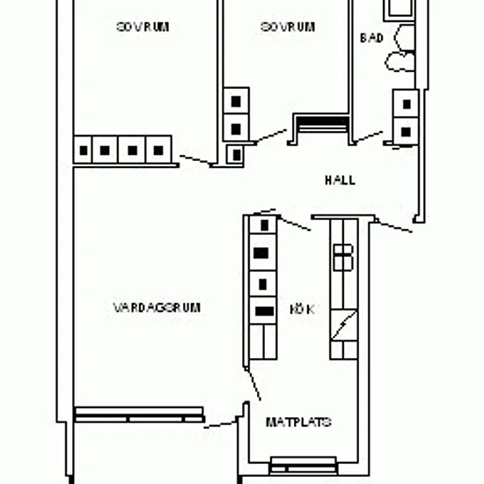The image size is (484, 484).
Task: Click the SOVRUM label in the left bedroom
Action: click(x=143, y=27)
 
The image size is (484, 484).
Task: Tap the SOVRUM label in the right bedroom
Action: click(x=288, y=27)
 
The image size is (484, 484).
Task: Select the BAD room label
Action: click(x=371, y=38)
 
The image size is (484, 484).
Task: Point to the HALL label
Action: click(x=340, y=180)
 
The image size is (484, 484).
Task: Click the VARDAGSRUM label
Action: click(x=157, y=308)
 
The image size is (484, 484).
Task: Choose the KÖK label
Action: click(x=302, y=309)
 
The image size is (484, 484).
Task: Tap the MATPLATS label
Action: click(x=298, y=422)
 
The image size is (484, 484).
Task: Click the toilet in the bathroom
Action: click(x=400, y=62)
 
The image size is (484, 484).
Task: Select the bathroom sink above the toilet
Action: click(x=405, y=38)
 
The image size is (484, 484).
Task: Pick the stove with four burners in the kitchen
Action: click(x=343, y=258)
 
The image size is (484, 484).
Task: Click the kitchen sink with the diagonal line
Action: click(x=344, y=325)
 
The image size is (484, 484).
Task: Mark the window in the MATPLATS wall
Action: click(x=304, y=466)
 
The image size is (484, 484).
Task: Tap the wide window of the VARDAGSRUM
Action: click(x=140, y=414)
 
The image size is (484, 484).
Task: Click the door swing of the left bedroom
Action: click(x=195, y=160)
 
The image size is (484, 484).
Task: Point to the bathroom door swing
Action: click(x=369, y=137)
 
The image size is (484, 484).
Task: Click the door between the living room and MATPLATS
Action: click(x=221, y=424)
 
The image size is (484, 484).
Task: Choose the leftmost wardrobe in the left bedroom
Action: click(x=83, y=150)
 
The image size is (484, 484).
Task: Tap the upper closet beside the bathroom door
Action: click(x=406, y=104)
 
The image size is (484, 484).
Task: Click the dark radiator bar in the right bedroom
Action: click(x=323, y=121)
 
